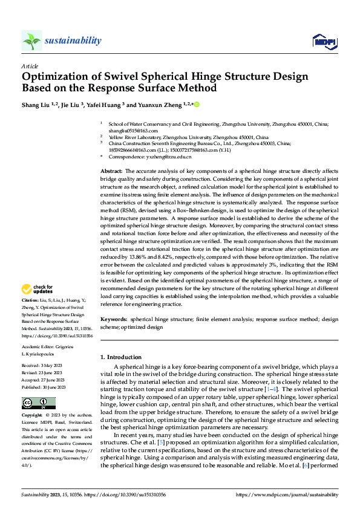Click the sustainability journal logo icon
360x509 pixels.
pos(31,41)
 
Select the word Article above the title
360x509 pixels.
pos(29,66)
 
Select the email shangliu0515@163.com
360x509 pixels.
pos(133,131)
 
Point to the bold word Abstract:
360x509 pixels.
pos(113,172)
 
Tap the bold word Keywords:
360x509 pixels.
pos(114,317)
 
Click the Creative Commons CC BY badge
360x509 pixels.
pos(39,403)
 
